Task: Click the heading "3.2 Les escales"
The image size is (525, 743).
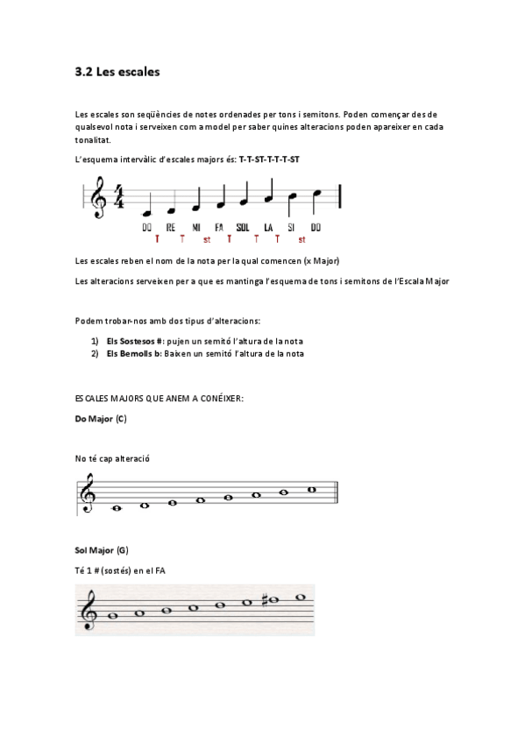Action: click(x=117, y=73)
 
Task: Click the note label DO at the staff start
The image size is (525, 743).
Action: click(x=147, y=228)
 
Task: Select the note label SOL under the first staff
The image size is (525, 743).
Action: click(x=243, y=228)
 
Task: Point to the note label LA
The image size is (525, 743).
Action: click(x=268, y=228)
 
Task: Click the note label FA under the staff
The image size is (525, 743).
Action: click(x=219, y=228)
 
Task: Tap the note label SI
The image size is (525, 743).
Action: click(x=293, y=228)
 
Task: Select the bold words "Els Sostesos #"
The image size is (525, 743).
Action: click(x=135, y=341)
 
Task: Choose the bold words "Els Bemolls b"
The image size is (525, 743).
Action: click(x=134, y=353)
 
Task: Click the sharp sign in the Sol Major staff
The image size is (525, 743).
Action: click(x=263, y=600)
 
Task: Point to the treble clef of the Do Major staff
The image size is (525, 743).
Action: click(x=89, y=494)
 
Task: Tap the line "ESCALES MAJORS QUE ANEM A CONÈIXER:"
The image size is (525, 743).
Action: click(x=160, y=399)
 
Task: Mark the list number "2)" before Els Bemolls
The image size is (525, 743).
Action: click(x=95, y=353)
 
